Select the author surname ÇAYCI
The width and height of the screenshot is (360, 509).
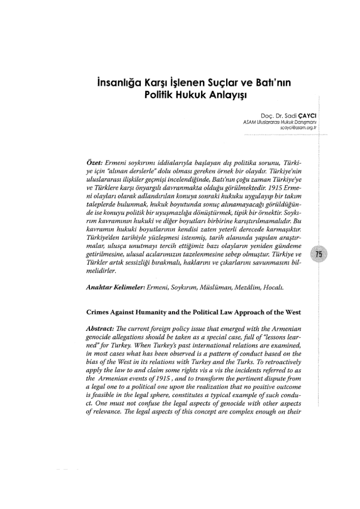297,116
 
